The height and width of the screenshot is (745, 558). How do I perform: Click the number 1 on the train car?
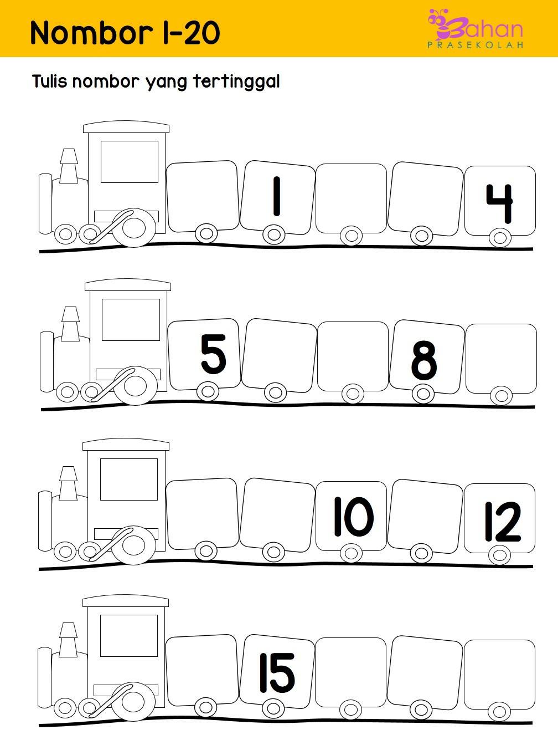[x=277, y=196]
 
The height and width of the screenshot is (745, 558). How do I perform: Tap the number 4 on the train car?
[x=500, y=203]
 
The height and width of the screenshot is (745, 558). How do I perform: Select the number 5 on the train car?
[x=213, y=354]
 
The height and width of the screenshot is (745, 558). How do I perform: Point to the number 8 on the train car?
[x=424, y=360]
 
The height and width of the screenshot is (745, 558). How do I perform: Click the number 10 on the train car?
[x=354, y=517]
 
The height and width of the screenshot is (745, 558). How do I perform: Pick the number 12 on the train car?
[x=503, y=521]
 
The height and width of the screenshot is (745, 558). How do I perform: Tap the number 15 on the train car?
[x=277, y=673]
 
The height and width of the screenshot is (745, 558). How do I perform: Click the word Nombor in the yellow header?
[x=91, y=33]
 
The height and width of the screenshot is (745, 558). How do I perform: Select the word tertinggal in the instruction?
[x=236, y=83]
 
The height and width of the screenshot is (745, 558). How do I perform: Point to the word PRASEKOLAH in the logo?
[x=475, y=45]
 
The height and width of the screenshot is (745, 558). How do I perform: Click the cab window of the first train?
[x=130, y=161]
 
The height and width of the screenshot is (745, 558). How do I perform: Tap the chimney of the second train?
[x=70, y=324]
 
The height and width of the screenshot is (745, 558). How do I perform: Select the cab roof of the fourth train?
[x=126, y=601]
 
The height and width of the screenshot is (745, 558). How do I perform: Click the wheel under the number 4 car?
[x=500, y=237]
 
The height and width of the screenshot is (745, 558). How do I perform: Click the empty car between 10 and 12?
[x=425, y=515]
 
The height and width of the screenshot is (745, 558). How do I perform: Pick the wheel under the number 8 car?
[x=423, y=394]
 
